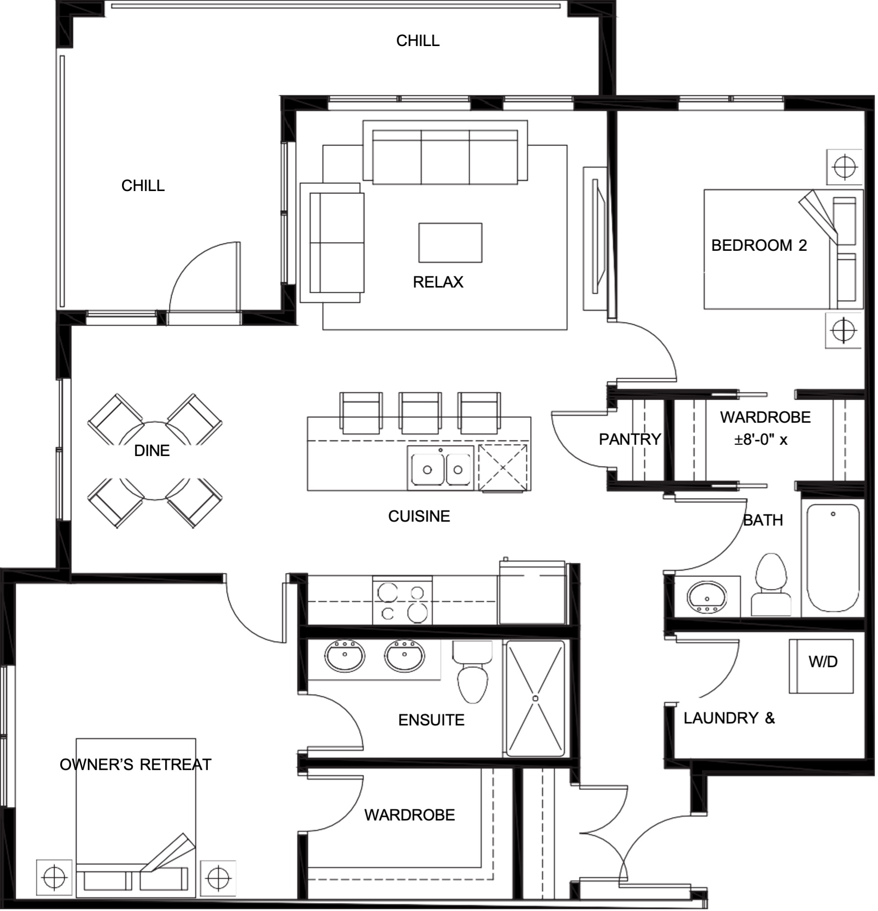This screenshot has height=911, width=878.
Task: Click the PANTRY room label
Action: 630,439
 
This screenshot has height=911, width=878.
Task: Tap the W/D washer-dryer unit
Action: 822,666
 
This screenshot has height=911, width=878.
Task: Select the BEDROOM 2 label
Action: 759,245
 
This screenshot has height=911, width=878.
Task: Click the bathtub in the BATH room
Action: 833,558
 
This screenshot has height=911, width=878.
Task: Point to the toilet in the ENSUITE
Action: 472,671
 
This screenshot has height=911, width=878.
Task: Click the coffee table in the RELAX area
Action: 450,243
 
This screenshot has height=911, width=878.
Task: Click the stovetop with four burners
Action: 402,601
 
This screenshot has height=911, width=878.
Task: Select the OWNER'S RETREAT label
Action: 135,765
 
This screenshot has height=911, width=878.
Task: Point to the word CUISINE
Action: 419,516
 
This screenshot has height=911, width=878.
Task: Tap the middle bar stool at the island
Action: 420,413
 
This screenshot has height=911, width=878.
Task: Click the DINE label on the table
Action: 152,451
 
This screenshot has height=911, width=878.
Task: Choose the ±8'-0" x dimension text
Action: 760,440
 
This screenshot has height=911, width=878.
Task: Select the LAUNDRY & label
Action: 729,719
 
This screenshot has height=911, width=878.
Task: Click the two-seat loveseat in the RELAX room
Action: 333,242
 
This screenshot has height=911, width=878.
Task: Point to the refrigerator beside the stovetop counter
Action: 533,593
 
